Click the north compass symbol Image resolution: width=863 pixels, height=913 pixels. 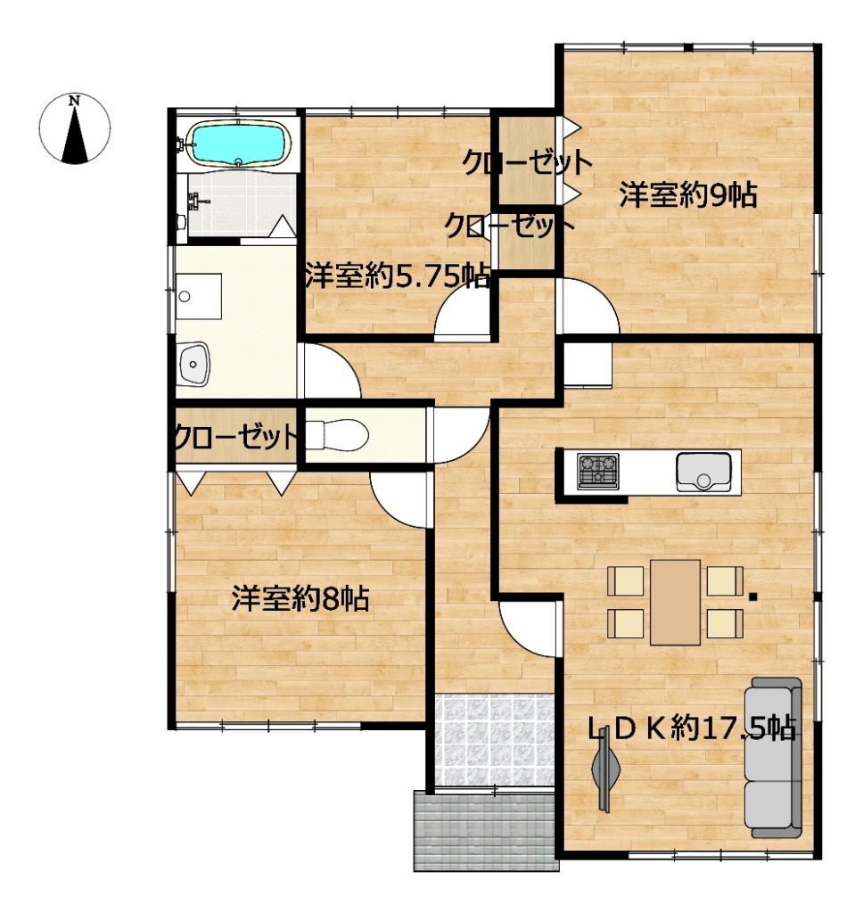(75, 128)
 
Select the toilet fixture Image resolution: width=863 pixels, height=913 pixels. (336, 435)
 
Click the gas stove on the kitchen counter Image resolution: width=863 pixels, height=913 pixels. (598, 471)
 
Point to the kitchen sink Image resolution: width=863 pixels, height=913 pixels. (703, 472)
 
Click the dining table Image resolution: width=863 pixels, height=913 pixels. (676, 602)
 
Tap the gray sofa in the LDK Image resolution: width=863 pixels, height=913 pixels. (773, 757)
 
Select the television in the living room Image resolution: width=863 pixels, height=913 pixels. (606, 769)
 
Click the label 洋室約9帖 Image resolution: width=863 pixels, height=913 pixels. (688, 195)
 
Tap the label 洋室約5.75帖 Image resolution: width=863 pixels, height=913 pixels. (399, 276)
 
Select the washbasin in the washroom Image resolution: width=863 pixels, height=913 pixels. (193, 364)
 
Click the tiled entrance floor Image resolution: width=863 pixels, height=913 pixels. (495, 739)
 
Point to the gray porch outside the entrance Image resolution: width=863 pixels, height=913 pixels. (486, 830)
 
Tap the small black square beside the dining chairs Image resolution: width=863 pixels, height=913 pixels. (753, 596)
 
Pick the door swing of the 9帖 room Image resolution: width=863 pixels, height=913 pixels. (587, 307)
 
